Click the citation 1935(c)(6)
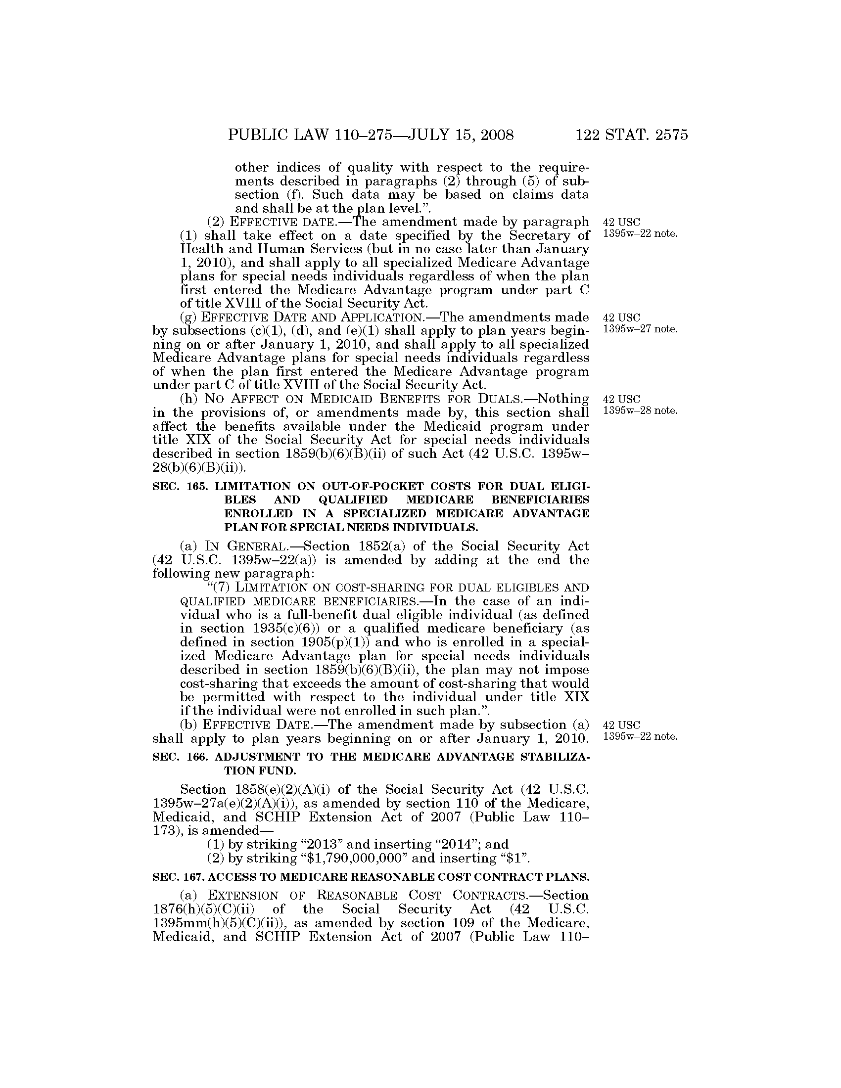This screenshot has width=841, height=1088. pyautogui.click(x=284, y=629)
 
